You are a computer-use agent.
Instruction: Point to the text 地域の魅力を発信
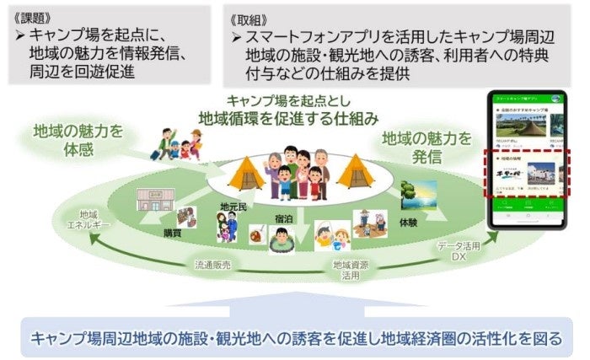(x=426, y=147)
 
